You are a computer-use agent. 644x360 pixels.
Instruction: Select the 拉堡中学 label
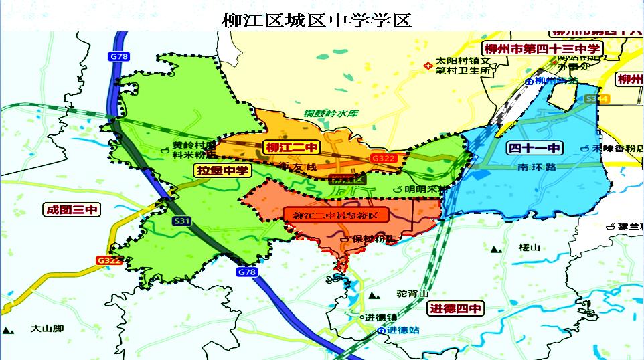pos(223,171)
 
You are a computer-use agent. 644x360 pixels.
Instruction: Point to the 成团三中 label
pos(72,210)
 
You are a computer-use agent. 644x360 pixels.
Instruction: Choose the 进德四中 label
pos(455,308)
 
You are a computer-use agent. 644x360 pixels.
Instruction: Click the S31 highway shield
pos(181,220)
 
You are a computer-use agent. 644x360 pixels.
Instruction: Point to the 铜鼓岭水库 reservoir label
pos(331,113)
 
